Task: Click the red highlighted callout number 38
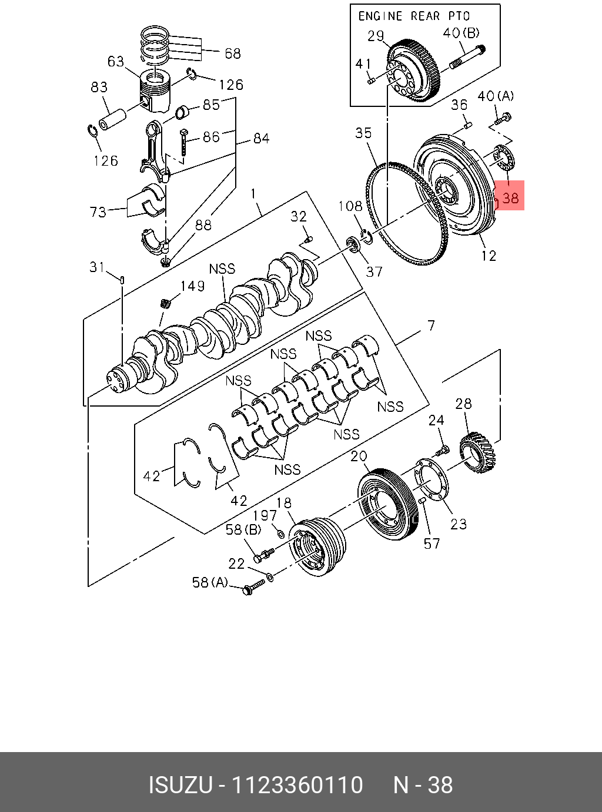tap(510, 198)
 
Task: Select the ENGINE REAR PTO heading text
tap(414, 16)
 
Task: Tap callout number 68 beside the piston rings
tap(233, 54)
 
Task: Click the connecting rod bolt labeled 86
tap(184, 142)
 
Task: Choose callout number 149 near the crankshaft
tap(193, 286)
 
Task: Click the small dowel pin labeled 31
tap(122, 280)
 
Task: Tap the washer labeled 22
tap(270, 578)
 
